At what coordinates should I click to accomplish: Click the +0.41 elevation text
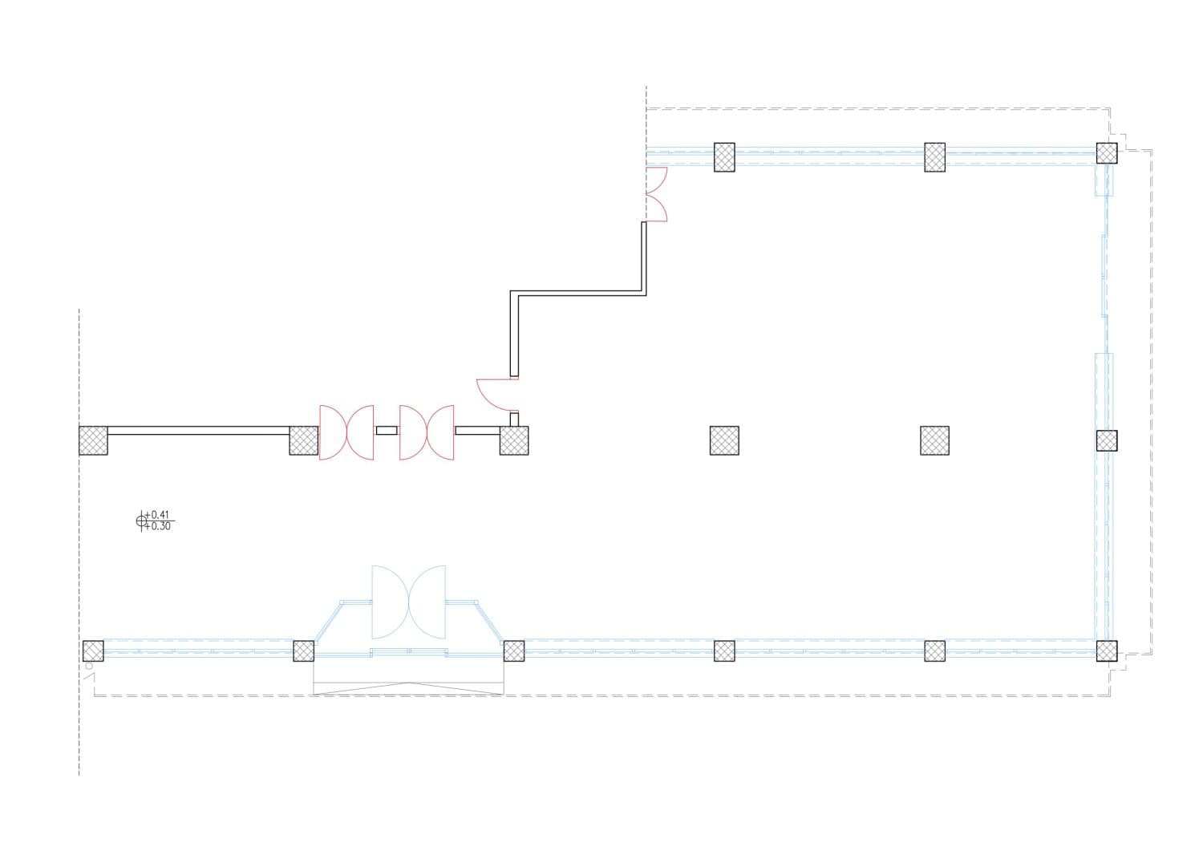pos(157,515)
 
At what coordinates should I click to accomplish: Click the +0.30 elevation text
pos(157,526)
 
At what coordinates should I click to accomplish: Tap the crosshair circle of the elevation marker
pos(141,521)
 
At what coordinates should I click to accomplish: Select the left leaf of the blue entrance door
pos(390,602)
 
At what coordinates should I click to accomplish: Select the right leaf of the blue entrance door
pos(427,602)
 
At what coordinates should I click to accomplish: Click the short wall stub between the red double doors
pos(387,431)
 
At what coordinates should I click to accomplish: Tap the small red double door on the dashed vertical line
pos(656,194)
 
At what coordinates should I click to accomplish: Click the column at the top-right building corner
pos(1107,153)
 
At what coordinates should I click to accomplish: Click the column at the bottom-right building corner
pos(1107,651)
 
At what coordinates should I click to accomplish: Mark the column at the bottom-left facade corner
pos(93,651)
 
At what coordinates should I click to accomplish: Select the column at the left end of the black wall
pos(93,440)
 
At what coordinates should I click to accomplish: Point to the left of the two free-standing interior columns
pos(724,440)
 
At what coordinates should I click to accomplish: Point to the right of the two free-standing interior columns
pos(934,440)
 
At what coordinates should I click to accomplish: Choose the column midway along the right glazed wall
pos(1107,440)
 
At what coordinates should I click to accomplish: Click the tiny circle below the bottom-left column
pos(89,667)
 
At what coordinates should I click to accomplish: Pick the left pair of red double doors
pos(346,432)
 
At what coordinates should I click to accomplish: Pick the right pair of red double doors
pos(427,432)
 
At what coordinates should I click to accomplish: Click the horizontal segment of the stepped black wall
pos(578,294)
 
